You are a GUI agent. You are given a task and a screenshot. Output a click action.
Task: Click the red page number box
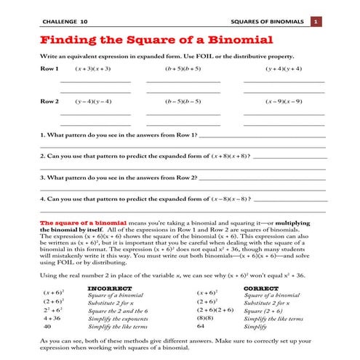click(316, 23)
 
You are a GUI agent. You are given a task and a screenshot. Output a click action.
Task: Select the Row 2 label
click(49, 101)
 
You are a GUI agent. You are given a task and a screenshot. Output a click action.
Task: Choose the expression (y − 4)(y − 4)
click(92, 101)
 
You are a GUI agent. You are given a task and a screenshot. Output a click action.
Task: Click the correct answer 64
click(201, 327)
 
